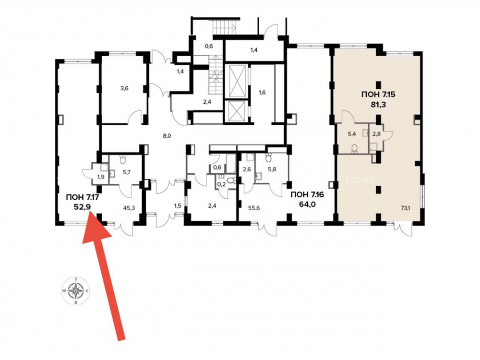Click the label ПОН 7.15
pos(378,94)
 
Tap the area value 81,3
pos(378,105)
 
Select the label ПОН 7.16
pos(307,194)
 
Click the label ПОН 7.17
pos(82,197)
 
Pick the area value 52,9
pos(83,207)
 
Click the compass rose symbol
pos(76,289)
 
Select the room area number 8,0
pos(167,136)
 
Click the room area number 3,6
pos(124,89)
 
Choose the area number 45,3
pos(129,208)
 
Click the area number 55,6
pos(254,208)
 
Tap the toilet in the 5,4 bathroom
pos(355,148)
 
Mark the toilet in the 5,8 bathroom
pos(269,158)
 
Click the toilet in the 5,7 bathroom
pos(123,159)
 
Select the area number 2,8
pos(376,134)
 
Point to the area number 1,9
pos(101,177)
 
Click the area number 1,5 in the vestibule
pos(178,206)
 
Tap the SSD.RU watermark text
pos(360,180)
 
